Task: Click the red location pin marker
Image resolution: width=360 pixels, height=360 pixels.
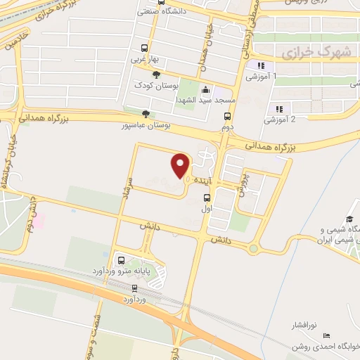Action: (181, 165)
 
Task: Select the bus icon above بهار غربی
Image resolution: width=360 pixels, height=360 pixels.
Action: (144, 49)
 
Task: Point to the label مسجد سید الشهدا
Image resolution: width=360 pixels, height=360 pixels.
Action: (204, 101)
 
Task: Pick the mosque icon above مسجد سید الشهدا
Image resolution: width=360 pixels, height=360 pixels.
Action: (205, 90)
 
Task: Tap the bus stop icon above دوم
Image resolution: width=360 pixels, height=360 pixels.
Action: (227, 117)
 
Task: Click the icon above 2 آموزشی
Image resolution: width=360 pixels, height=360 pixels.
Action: (279, 108)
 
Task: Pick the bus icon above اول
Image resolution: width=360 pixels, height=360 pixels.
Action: (207, 197)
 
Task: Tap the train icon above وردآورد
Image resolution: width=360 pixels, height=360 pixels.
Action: (134, 288)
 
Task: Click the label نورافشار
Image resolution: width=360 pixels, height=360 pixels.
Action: (305, 326)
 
